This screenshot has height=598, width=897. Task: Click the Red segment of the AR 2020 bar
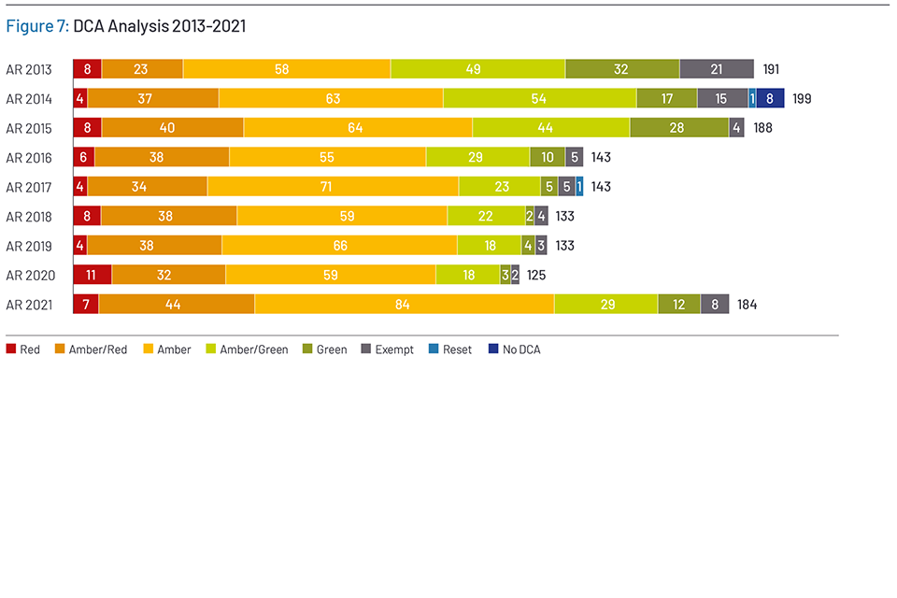92,275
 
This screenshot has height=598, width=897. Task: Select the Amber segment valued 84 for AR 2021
404,305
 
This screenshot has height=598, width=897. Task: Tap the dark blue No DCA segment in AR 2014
770,98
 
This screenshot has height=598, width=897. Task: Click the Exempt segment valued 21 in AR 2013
716,68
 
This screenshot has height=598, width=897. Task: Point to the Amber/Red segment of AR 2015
172,128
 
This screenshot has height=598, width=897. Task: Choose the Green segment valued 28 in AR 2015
679,128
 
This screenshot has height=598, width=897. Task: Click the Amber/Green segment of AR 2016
477,157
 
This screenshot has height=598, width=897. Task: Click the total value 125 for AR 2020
535,275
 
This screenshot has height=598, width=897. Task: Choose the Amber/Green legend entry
247,349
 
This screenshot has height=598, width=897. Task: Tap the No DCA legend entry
517,349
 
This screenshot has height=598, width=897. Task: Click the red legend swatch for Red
11,349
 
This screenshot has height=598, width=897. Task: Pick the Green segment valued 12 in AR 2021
678,305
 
